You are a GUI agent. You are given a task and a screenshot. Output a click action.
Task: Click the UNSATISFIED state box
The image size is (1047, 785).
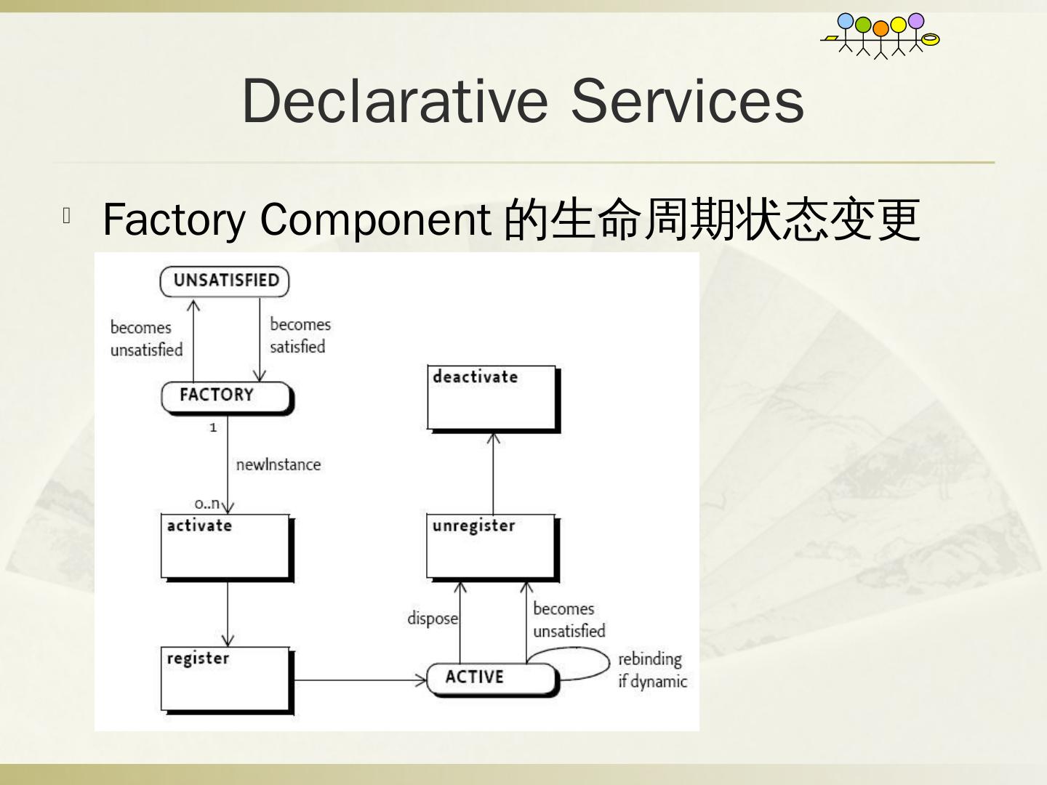(x=225, y=281)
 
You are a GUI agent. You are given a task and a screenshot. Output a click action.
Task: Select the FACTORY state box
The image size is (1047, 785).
(x=225, y=397)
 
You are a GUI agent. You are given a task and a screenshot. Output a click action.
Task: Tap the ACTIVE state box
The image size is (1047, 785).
(x=491, y=678)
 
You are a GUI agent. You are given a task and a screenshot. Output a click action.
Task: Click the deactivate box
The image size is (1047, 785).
(x=492, y=398)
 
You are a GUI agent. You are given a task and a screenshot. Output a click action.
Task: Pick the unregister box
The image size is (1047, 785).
(x=492, y=547)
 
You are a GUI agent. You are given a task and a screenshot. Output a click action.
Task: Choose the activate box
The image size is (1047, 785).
(x=226, y=547)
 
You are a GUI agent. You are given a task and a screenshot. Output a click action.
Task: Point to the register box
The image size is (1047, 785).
(x=226, y=679)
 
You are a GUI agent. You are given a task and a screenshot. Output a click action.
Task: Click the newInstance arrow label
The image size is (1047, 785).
(x=278, y=464)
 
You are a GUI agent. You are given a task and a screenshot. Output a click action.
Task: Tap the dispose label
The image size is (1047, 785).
(x=433, y=619)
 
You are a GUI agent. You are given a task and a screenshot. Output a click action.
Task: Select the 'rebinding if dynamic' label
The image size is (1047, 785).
(x=652, y=670)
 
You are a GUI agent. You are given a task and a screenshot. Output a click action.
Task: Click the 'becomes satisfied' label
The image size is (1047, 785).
(x=300, y=336)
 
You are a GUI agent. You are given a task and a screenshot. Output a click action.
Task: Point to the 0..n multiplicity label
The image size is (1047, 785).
(x=206, y=503)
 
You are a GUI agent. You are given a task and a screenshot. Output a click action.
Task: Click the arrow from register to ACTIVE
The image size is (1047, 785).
(x=360, y=680)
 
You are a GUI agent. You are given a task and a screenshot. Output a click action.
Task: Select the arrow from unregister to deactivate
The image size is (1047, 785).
(x=494, y=472)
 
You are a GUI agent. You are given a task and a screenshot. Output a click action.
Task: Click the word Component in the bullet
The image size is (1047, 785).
(x=375, y=219)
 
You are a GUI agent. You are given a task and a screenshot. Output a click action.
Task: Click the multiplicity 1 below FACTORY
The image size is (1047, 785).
(x=213, y=427)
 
